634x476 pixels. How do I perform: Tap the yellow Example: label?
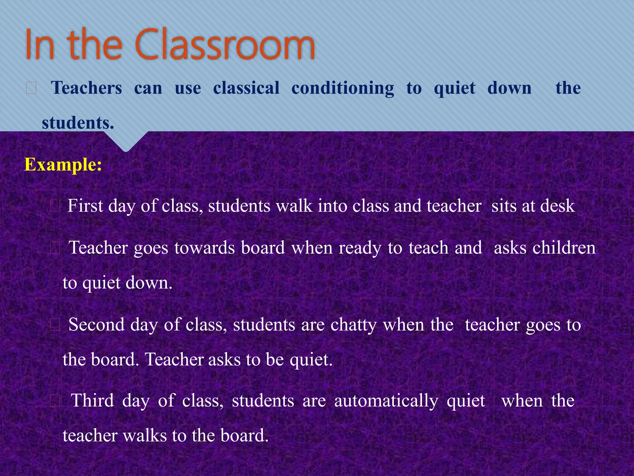tap(63, 165)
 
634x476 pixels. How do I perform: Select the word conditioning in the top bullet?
tap(343, 88)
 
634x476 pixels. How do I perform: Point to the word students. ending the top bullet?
tap(78, 123)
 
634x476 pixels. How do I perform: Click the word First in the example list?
tap(85, 206)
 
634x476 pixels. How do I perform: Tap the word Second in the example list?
tap(96, 325)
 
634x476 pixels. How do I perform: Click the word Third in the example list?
tap(93, 400)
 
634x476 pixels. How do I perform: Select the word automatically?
tap(386, 401)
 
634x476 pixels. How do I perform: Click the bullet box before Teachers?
tap(31, 88)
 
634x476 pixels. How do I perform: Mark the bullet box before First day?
tap(55, 206)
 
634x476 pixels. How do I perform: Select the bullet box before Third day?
tap(55, 401)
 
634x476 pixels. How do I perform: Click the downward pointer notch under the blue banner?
tap(126, 143)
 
